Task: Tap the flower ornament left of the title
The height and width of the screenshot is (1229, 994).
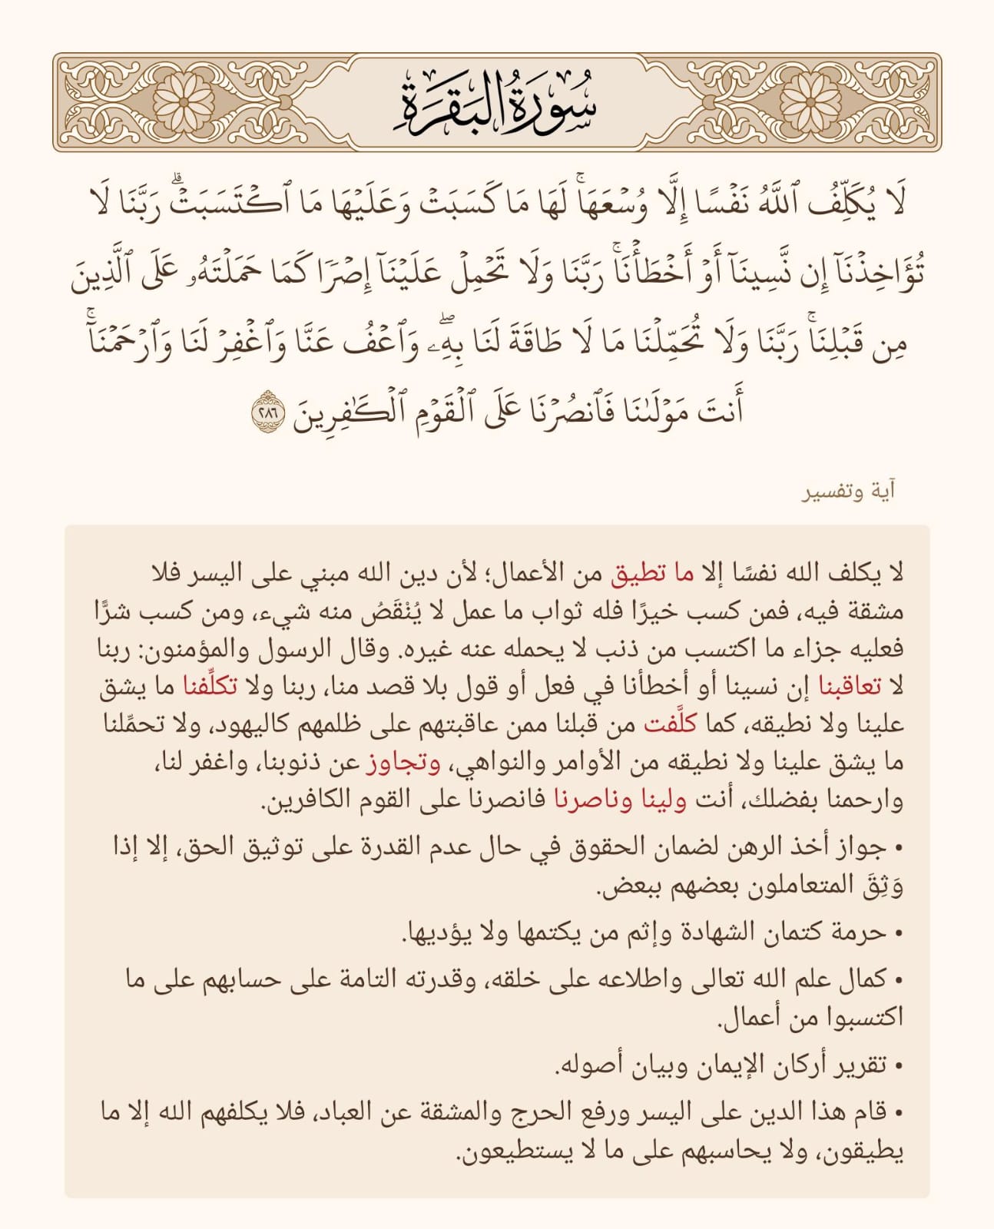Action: (x=184, y=102)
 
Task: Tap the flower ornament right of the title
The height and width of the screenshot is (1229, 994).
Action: (x=811, y=102)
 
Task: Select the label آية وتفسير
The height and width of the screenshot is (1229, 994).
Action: (x=849, y=492)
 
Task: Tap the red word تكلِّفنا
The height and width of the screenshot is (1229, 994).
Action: (x=747, y=686)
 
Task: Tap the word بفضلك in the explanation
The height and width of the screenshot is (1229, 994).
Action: (x=784, y=800)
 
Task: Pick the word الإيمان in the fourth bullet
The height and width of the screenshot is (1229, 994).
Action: (x=712, y=1065)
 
